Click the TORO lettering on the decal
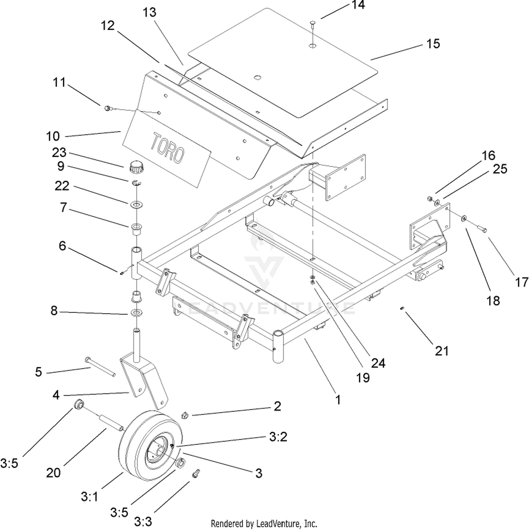[168, 148]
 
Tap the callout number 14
[358, 5]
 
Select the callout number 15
[433, 44]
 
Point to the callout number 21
[442, 351]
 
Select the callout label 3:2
[278, 437]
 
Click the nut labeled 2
[184, 416]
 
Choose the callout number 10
[53, 136]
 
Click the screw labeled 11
[107, 108]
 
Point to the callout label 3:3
[143, 521]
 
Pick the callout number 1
[338, 400]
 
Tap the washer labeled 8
[136, 312]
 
